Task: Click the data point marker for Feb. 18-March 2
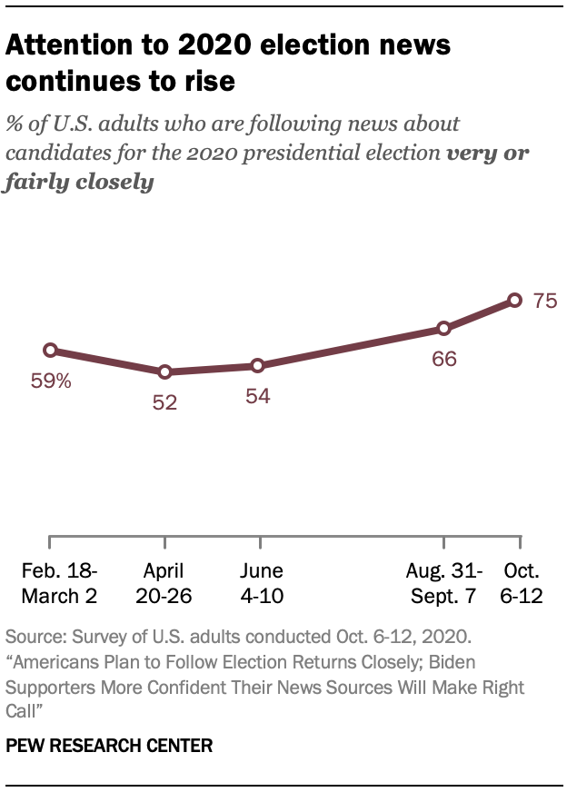click(51, 350)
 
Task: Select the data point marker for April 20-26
click(164, 371)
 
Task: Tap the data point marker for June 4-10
click(258, 365)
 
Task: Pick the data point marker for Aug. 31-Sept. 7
click(443, 328)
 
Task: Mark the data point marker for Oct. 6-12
click(514, 300)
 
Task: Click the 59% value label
click(53, 381)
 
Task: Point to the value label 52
click(164, 402)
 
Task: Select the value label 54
click(258, 396)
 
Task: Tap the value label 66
click(443, 359)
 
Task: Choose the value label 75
click(545, 302)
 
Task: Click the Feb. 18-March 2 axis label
click(60, 583)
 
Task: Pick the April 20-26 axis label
click(164, 583)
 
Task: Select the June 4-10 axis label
click(262, 583)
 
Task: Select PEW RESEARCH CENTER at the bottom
click(109, 746)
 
